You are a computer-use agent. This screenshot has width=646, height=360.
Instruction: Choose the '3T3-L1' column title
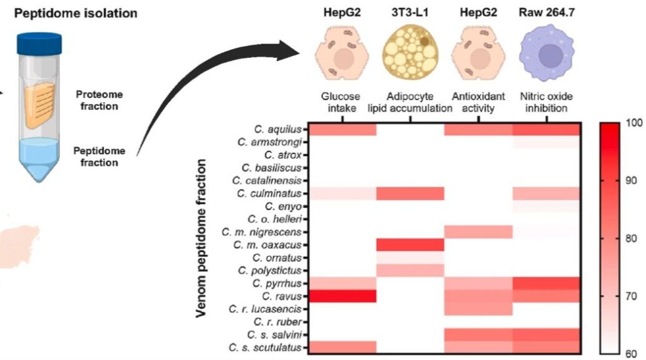[x=409, y=12]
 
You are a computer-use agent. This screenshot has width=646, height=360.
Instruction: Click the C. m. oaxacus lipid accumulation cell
[x=410, y=244]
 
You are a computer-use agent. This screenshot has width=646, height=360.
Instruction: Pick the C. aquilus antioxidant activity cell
[x=478, y=129]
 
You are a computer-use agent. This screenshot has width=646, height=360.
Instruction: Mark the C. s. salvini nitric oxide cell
[x=546, y=334]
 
